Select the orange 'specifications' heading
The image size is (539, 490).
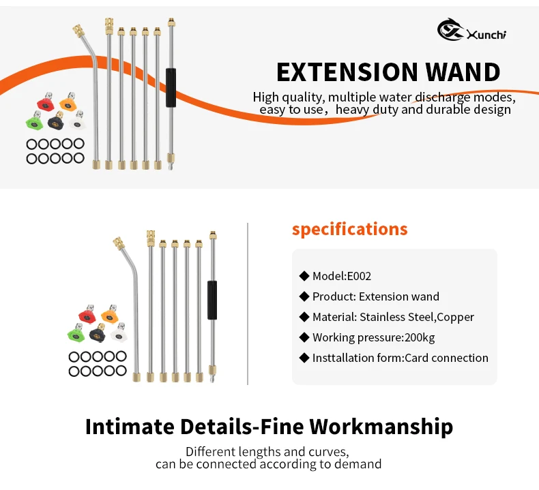(349, 229)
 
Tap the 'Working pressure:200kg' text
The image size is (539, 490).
(373, 337)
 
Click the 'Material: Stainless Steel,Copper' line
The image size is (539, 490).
(393, 317)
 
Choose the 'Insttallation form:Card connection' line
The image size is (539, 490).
(400, 358)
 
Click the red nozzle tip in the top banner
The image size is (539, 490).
(44, 104)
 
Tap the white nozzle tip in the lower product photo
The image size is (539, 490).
(120, 333)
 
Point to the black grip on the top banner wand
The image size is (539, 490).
(171, 87)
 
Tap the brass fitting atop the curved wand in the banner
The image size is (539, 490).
(79, 31)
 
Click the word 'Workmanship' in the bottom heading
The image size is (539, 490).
(381, 427)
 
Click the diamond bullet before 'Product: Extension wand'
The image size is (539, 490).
(304, 296)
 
